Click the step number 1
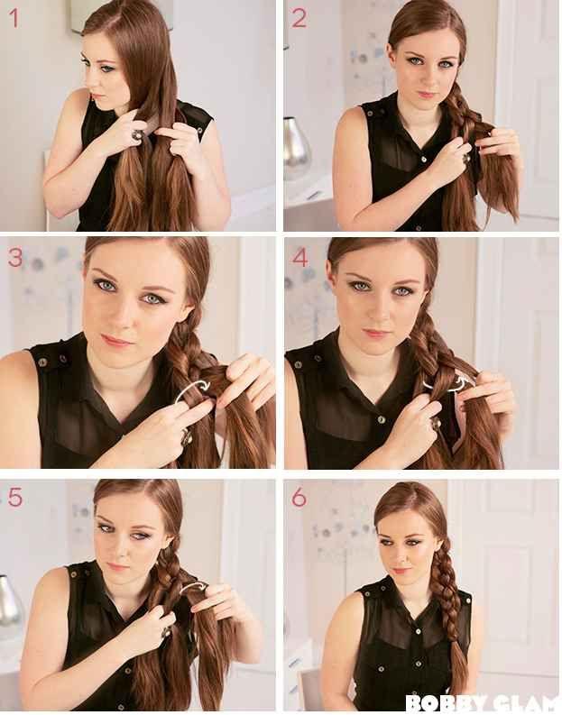(x=14, y=19)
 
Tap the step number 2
(x=299, y=19)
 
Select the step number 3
(x=15, y=258)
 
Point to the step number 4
(x=300, y=258)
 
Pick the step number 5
(x=15, y=498)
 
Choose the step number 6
(x=299, y=498)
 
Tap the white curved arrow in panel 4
(x=448, y=385)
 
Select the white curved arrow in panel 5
(x=193, y=587)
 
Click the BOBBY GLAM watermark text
(x=484, y=703)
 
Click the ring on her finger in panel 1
(x=137, y=135)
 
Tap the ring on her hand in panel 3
(x=186, y=438)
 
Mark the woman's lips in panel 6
(x=401, y=571)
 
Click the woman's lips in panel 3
(x=115, y=341)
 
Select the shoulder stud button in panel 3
(x=43, y=362)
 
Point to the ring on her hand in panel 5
(x=166, y=631)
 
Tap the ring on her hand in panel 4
(x=437, y=424)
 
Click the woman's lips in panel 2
(x=426, y=95)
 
